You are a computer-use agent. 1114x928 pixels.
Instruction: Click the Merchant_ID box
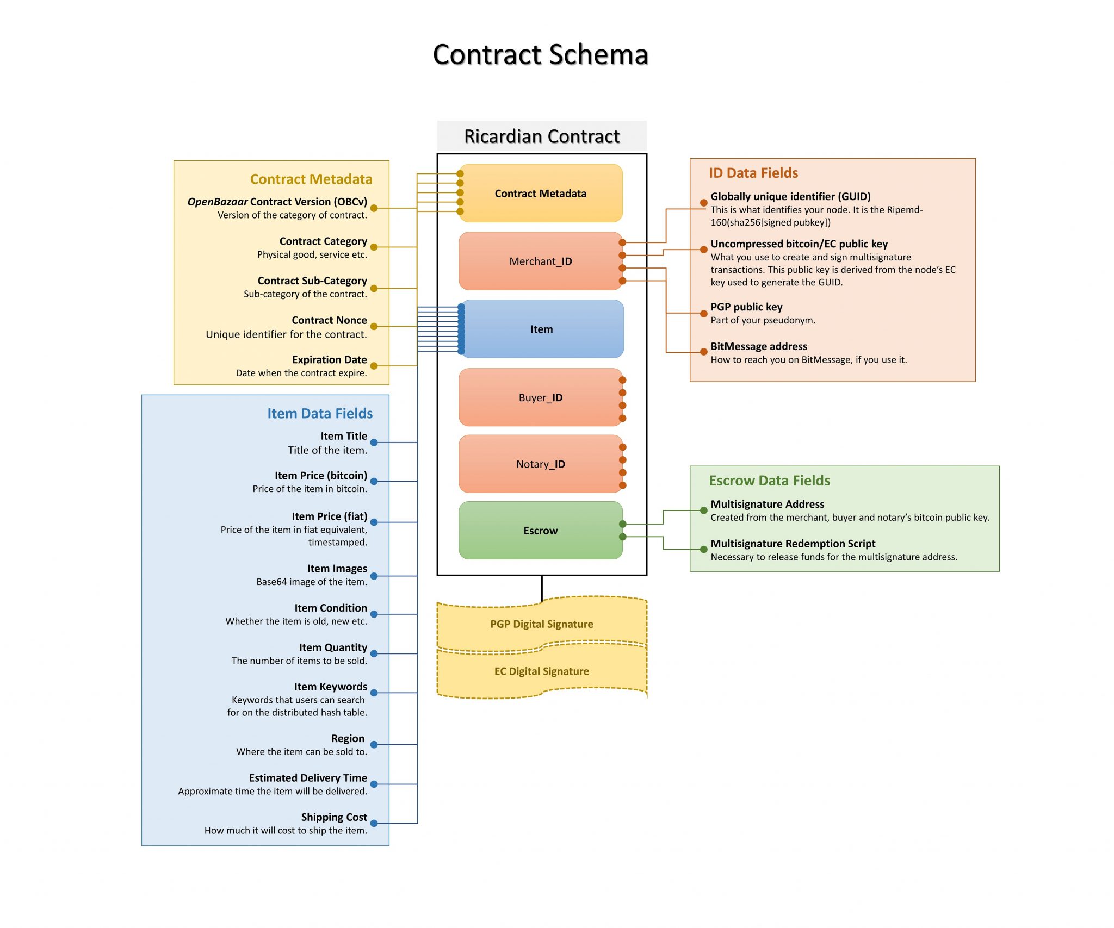coord(540,261)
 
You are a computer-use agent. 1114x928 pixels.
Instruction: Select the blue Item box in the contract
coord(541,329)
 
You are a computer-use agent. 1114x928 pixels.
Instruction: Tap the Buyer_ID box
coord(540,397)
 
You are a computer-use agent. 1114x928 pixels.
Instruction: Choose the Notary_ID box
coord(540,464)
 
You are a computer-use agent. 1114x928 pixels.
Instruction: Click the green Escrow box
coord(540,531)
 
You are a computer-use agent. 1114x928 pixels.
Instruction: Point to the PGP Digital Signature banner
coord(541,624)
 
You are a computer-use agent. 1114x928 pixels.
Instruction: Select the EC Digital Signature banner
coord(541,671)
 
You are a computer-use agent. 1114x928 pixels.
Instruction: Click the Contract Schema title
coord(540,55)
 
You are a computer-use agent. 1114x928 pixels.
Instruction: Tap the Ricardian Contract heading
coord(542,136)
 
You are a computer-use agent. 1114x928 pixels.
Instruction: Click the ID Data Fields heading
coord(753,173)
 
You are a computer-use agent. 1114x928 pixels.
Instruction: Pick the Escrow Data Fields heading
coord(769,481)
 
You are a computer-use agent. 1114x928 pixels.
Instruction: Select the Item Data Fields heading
coord(320,414)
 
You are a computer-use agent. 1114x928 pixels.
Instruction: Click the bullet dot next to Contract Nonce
coord(374,327)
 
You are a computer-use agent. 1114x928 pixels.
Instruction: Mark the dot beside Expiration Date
coord(374,366)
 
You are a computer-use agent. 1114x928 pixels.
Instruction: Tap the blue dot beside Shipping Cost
coord(374,824)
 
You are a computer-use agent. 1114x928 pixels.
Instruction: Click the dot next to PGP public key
coord(703,313)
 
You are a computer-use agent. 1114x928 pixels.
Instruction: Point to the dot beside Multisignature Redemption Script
coord(703,550)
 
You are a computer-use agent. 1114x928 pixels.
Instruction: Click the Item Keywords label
coord(330,687)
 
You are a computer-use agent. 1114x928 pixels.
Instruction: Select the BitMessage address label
coord(758,346)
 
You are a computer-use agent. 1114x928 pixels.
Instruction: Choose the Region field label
coord(348,738)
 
